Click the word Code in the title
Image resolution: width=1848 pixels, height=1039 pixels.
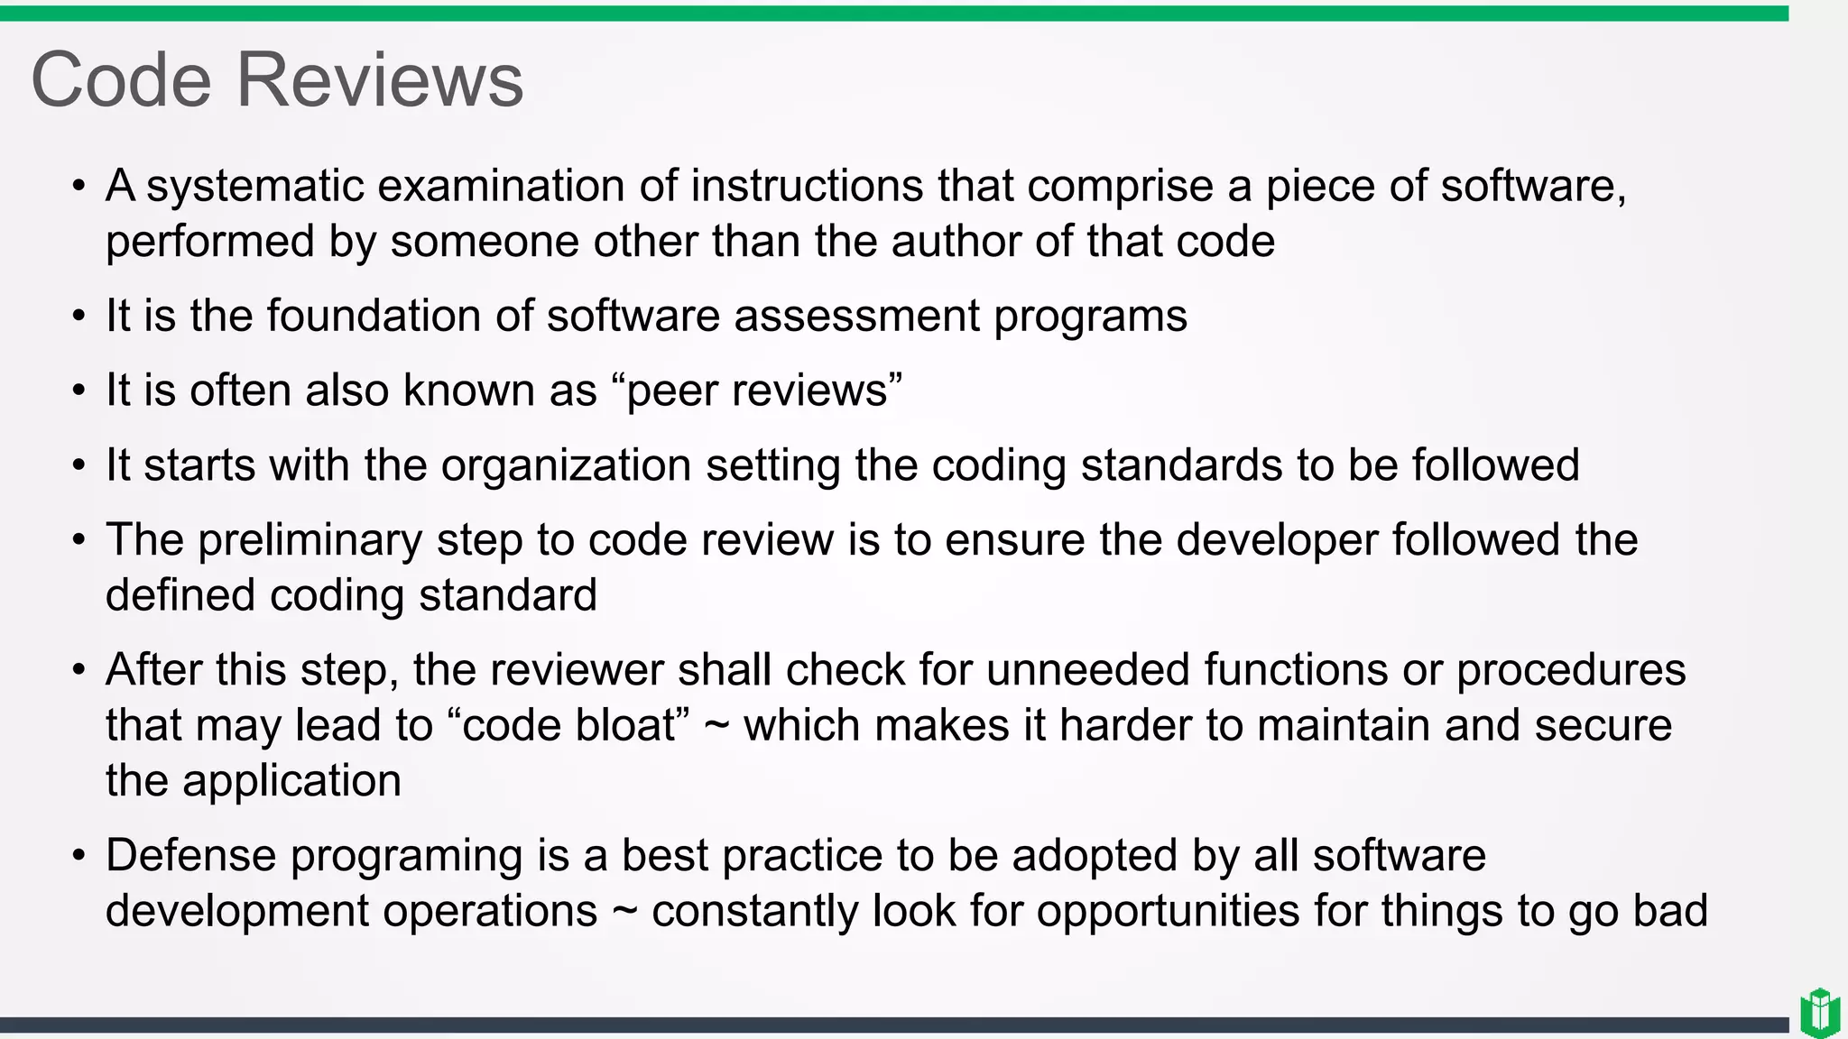[x=121, y=80]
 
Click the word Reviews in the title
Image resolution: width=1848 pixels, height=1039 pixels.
[x=379, y=80]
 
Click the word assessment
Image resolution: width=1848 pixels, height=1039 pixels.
[x=856, y=317]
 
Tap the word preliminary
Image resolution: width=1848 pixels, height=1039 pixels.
[x=310, y=540]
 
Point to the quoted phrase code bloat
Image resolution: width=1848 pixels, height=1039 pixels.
[x=569, y=726]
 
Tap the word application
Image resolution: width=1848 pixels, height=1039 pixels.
[x=291, y=781]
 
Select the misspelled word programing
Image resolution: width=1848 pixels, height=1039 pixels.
[x=406, y=856]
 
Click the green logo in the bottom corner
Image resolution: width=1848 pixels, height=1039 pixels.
[x=1819, y=1012]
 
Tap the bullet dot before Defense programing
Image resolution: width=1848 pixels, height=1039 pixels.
[x=79, y=856]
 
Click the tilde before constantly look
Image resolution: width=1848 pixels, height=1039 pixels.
[x=624, y=911]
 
